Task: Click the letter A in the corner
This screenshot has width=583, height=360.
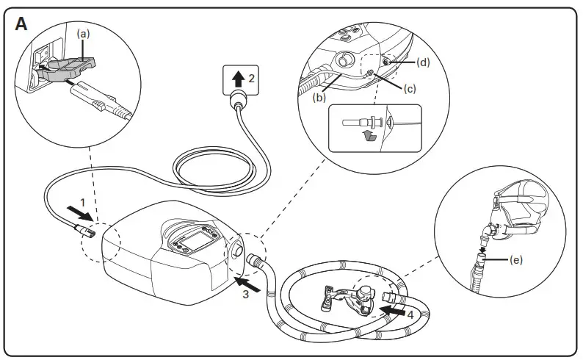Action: [21, 24]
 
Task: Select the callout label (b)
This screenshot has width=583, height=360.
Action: [319, 96]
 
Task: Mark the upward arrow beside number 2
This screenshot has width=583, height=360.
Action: [236, 77]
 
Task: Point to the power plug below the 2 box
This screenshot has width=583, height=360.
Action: [238, 101]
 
